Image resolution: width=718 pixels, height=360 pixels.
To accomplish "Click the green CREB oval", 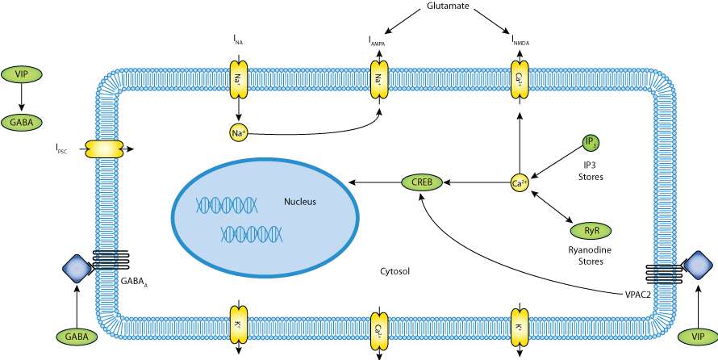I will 422,182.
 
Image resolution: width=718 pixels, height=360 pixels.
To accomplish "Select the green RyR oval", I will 591,231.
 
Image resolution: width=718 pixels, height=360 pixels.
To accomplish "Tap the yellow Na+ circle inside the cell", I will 239,132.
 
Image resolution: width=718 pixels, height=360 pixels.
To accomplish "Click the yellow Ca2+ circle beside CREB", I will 520,183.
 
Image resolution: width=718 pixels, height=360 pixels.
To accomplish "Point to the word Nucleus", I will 299,202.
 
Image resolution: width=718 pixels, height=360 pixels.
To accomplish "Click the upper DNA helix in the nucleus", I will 227,205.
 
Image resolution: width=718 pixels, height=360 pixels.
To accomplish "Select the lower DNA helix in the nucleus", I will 253,234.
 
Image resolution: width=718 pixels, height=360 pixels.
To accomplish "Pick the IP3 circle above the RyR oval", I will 591,143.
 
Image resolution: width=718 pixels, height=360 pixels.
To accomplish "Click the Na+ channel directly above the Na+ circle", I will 238,80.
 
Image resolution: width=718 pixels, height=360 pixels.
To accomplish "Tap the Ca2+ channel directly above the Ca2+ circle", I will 519,80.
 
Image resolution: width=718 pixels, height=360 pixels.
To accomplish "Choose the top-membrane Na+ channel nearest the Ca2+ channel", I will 378,80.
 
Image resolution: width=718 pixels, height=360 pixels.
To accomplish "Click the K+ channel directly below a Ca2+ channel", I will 519,328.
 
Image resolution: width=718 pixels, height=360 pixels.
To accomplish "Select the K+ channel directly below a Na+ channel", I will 238,328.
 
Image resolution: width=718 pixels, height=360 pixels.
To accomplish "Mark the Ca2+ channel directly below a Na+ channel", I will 378,328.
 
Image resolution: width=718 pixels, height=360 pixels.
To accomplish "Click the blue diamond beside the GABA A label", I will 77,269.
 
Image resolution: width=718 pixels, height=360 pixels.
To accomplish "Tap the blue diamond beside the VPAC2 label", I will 698,266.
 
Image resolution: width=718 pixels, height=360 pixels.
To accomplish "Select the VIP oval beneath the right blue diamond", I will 698,337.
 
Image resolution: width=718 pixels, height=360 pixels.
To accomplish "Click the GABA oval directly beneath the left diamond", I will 77,337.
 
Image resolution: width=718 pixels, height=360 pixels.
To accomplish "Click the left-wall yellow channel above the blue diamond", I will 104,149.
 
